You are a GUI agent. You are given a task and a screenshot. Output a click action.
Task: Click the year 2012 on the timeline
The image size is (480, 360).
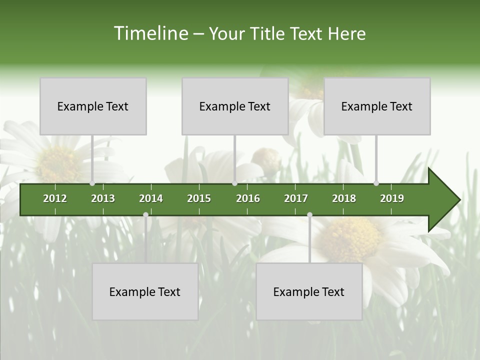(55, 198)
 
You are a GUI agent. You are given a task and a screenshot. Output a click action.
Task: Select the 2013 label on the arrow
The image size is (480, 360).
(103, 198)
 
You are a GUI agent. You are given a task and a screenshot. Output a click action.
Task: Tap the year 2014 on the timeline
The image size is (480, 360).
(151, 198)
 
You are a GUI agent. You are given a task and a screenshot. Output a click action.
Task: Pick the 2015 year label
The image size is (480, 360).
(199, 198)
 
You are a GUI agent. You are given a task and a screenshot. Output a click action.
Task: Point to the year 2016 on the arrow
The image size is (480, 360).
(248, 198)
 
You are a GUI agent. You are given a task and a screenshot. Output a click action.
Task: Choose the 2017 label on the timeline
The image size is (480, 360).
(296, 198)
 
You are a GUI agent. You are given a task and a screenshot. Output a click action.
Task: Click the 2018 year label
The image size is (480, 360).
(344, 198)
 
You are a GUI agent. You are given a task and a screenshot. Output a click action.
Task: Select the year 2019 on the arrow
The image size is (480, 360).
(392, 198)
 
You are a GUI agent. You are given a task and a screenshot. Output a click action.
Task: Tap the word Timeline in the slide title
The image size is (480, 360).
(150, 33)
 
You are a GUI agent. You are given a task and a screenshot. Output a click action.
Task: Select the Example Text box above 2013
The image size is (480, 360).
(93, 106)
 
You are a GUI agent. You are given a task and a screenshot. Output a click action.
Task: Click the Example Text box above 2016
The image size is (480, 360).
(235, 106)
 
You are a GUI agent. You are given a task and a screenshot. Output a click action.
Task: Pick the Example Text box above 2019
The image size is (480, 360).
(377, 106)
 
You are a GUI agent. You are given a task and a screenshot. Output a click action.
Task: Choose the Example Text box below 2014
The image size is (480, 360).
(145, 291)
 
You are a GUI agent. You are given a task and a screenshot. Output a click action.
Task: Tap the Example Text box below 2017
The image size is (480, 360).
(309, 291)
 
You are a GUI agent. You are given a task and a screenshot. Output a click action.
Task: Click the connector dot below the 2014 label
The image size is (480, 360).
(145, 215)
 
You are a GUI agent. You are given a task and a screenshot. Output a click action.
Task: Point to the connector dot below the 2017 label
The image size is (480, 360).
(309, 215)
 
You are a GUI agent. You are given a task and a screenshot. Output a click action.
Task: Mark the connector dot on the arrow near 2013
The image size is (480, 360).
(92, 183)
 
